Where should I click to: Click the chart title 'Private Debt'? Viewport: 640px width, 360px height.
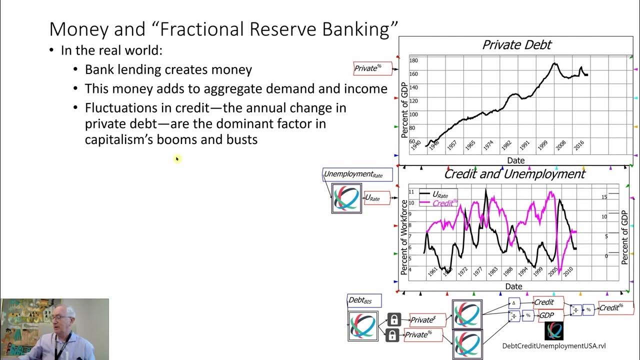point(516,45)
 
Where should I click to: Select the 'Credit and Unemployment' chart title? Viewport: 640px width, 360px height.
point(514,174)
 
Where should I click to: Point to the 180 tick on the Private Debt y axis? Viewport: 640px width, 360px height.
point(413,60)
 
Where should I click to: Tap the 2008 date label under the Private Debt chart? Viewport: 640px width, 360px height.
point(560,145)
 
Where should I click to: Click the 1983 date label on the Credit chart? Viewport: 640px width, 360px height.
point(493,271)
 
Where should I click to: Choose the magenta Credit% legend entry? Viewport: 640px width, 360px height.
point(438,203)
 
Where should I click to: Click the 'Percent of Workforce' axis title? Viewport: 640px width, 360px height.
point(404,237)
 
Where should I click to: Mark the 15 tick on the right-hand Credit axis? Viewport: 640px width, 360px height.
point(604,197)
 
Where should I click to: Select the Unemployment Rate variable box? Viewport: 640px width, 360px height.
point(357,174)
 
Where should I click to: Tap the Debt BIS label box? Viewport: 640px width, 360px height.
point(364,300)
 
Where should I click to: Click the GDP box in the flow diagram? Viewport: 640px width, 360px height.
point(551,315)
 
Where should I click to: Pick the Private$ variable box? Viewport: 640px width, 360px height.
point(427,320)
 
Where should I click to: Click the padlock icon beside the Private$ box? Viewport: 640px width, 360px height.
point(394,319)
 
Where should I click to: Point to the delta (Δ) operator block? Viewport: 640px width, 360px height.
point(514,303)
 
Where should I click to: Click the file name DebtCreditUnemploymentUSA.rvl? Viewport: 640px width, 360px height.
point(553,346)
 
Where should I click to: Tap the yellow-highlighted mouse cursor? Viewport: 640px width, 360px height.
point(177,159)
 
